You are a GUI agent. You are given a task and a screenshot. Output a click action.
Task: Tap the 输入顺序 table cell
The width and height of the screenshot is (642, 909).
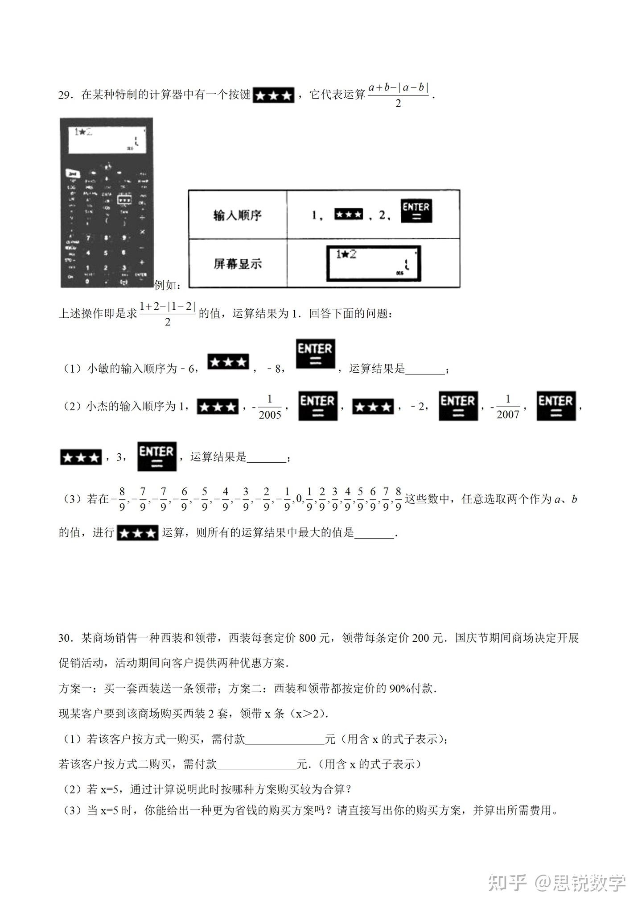coord(237,215)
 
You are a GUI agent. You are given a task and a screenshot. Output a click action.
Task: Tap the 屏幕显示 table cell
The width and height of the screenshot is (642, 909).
coord(237,264)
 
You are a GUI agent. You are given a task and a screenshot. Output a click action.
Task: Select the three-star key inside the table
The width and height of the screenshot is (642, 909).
coord(349,215)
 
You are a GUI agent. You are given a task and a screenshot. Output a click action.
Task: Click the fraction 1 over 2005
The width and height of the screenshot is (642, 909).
coord(270,407)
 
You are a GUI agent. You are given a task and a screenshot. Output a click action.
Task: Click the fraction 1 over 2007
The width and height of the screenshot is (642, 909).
coord(508,407)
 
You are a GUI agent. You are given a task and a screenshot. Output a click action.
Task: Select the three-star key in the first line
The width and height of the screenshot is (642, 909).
coord(273,95)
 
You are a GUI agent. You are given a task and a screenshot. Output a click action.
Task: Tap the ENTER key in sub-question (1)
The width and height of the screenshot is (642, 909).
coord(315,353)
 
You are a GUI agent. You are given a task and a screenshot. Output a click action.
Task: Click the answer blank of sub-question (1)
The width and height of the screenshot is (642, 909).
coord(425,369)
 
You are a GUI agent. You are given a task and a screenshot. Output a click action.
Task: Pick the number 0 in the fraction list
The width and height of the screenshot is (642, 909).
coord(299,499)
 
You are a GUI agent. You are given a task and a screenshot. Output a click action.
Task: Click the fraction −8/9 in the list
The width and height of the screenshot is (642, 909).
coord(119,499)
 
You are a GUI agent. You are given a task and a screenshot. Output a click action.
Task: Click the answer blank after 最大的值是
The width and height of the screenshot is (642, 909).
coord(374,533)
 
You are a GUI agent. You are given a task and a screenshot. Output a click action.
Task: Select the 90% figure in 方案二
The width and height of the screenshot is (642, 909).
coord(400,689)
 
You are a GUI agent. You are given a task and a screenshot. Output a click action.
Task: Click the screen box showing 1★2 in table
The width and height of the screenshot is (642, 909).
coord(373,264)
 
